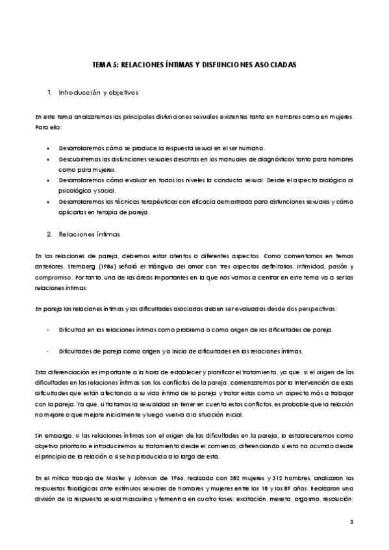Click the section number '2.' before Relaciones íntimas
pos(50,232)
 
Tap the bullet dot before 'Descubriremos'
pos(49,159)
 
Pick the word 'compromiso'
pos(55,279)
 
